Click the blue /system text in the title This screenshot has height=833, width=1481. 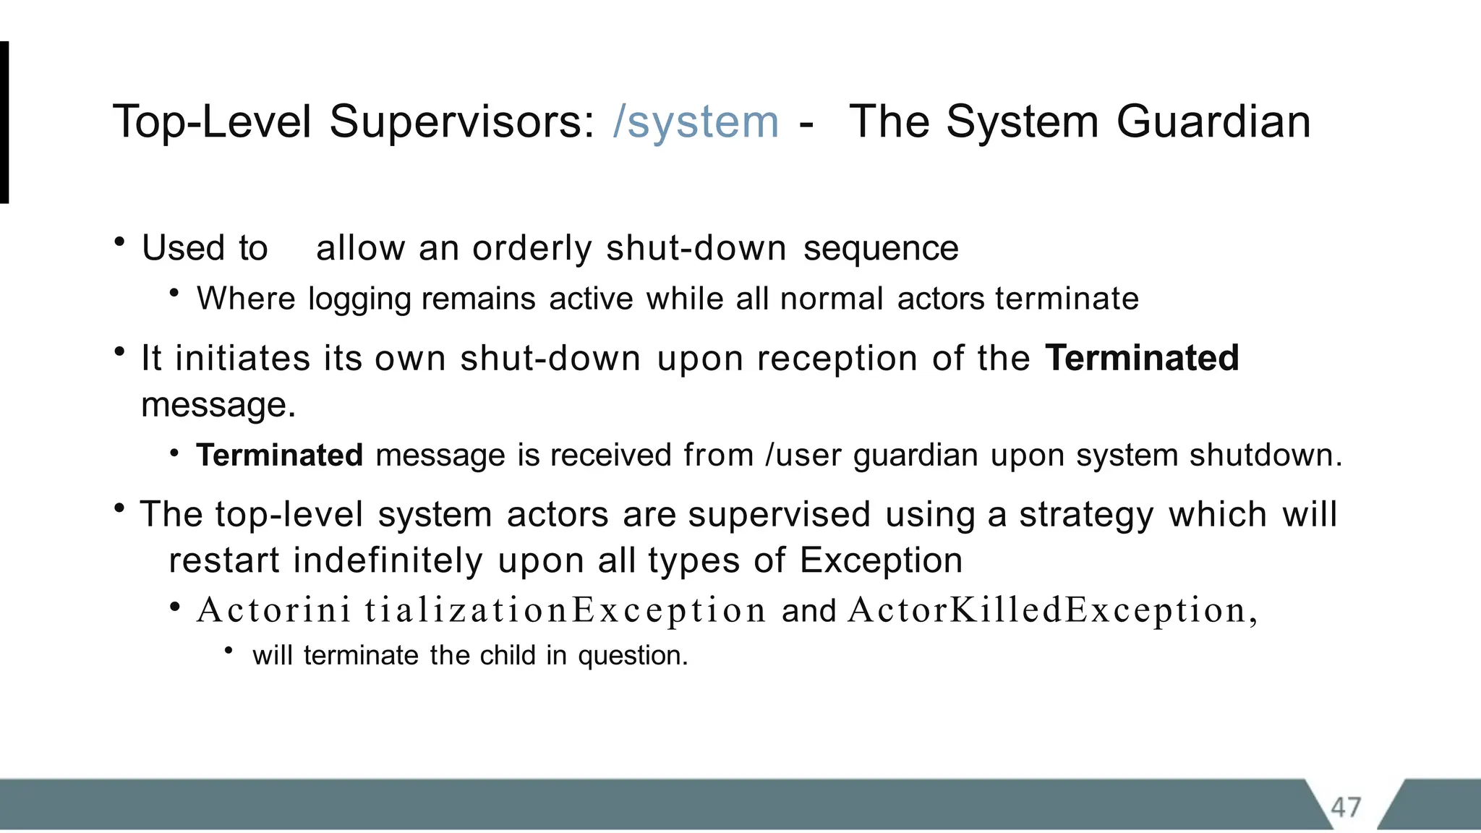696,121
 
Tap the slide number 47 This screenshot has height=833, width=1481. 1346,807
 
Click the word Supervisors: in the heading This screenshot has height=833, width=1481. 462,121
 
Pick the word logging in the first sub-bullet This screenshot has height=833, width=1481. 359,299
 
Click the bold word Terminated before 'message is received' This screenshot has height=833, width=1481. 279,456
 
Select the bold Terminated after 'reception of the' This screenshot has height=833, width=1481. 1142,358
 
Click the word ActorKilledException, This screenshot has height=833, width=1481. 1053,610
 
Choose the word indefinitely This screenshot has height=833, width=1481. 388,560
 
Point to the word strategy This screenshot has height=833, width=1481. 1086,515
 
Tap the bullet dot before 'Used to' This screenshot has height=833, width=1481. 120,242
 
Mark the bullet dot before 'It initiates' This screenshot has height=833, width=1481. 120,352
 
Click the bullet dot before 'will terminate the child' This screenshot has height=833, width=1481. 229,651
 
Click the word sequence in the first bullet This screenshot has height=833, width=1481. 881,248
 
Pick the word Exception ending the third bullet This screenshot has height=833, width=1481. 881,560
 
